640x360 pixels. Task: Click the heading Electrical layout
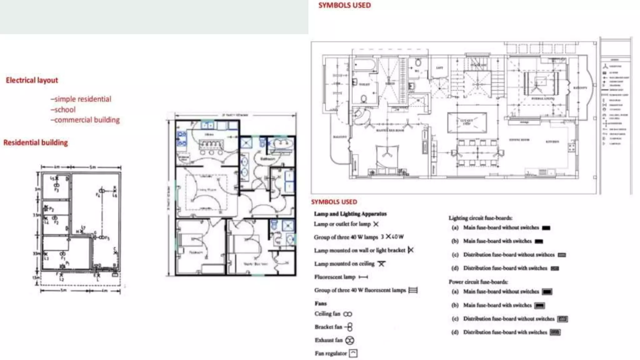[x=32, y=80]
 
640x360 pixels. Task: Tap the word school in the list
[x=65, y=110]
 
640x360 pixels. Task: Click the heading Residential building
[x=36, y=143]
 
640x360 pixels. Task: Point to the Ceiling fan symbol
[x=347, y=314]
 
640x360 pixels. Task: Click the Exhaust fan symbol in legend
[x=350, y=340]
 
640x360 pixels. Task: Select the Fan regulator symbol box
[x=353, y=353]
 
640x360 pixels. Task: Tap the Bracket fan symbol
[x=349, y=327]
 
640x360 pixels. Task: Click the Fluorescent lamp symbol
[x=363, y=277]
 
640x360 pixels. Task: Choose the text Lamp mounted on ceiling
[x=344, y=264]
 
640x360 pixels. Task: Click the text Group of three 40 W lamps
[x=346, y=237]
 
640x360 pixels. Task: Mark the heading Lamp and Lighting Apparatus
[x=350, y=214]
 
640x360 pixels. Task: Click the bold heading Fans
[x=321, y=303]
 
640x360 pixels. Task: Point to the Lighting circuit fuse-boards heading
[x=480, y=218]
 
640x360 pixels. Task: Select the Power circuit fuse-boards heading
[x=478, y=282]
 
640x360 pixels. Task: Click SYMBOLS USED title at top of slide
[x=344, y=5]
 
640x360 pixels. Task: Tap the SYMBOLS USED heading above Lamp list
[x=334, y=202]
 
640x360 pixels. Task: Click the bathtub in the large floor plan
[x=364, y=65]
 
